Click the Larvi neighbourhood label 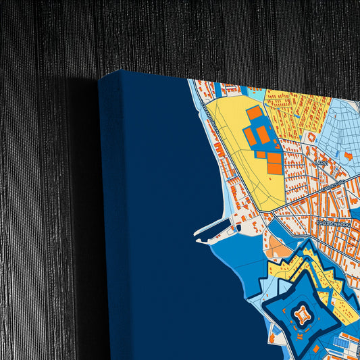point(320,163)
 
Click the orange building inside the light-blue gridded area point(348,156)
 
